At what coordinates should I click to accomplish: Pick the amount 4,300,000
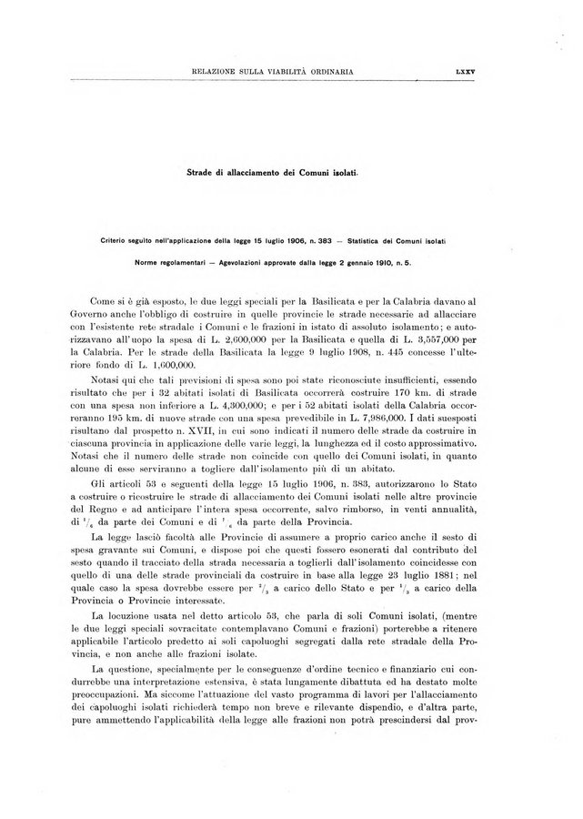coord(231,401)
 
